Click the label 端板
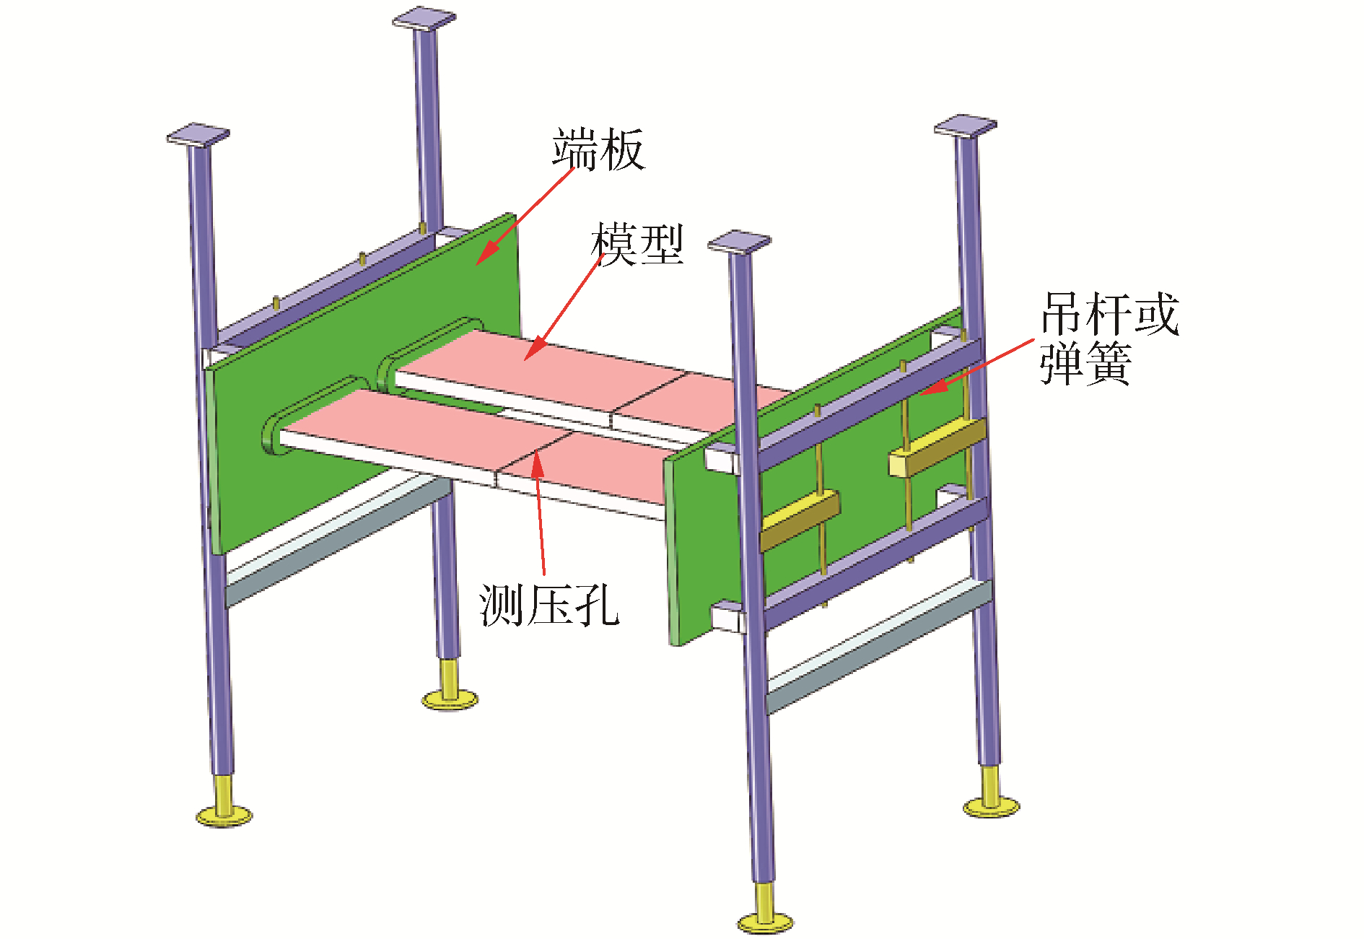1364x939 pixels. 598,149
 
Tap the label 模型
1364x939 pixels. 637,244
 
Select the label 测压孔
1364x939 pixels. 549,605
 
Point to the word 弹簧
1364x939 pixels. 1085,363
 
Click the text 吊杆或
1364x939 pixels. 1110,314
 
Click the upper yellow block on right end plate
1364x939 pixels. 937,447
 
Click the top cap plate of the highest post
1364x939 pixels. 424,18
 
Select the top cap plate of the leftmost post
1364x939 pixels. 198,135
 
